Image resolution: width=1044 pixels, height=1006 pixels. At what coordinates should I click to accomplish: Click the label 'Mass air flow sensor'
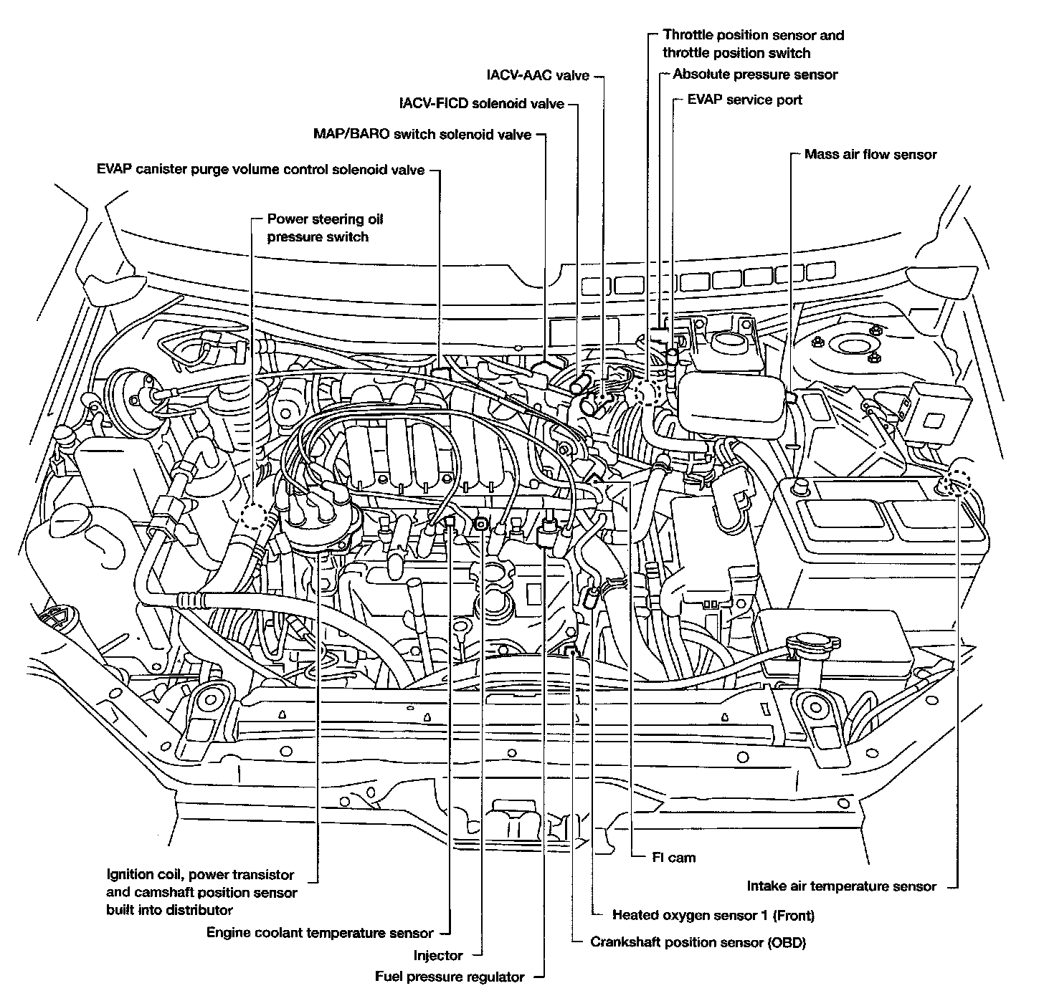click(x=870, y=154)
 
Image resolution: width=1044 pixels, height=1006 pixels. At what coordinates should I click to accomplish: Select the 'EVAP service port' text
click(x=744, y=100)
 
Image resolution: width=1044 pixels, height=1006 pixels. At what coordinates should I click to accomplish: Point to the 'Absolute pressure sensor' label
click(x=755, y=75)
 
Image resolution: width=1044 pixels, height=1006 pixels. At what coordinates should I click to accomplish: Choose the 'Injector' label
click(x=438, y=955)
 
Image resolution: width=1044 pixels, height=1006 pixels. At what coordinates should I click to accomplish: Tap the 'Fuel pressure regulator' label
click(x=450, y=977)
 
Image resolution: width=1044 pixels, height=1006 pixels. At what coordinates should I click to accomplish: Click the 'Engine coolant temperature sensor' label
click(x=320, y=933)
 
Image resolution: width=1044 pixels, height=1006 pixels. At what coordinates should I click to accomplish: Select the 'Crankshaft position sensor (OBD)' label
click(x=698, y=942)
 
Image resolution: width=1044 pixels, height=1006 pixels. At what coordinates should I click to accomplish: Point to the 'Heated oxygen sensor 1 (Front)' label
click(x=713, y=915)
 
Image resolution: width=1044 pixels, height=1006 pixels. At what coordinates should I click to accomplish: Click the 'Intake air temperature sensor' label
click(x=841, y=886)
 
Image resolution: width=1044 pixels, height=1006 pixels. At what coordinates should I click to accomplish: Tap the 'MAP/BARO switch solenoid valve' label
click(x=422, y=135)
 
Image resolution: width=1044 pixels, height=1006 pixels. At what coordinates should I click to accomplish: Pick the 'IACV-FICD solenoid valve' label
click(x=482, y=104)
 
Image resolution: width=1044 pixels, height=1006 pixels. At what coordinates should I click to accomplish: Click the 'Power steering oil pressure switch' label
click(x=325, y=228)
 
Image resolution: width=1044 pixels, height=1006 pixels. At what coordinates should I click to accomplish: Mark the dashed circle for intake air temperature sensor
click(x=956, y=483)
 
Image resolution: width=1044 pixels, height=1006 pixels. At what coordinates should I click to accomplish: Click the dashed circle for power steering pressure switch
click(x=253, y=515)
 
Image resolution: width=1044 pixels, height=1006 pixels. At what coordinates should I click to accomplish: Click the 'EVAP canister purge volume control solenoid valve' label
click(x=261, y=171)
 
